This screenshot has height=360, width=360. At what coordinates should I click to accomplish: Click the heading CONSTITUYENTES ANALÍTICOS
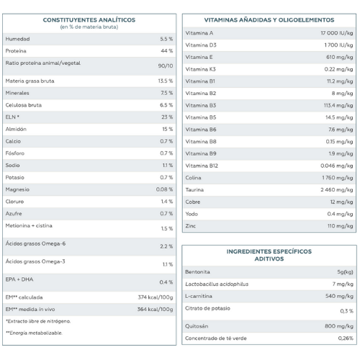pos(89,20)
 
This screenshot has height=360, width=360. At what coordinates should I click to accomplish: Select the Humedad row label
pos(17,39)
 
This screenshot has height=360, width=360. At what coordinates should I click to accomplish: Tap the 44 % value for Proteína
pos(167,51)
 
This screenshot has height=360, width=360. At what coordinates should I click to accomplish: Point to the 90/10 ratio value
pos(166,66)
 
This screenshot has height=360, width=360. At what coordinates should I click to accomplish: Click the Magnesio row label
pos(17,189)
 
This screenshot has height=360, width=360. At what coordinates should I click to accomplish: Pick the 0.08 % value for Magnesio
pos(164,189)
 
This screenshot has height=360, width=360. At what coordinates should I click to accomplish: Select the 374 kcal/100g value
pos(156,297)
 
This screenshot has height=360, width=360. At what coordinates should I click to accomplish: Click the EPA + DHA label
pos(19,279)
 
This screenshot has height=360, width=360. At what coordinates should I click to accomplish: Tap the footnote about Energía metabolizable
pos(34,333)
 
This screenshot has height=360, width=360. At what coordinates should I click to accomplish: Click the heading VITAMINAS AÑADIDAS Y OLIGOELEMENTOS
pos(269,20)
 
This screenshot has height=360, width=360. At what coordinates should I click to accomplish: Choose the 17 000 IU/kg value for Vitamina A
pos(337,33)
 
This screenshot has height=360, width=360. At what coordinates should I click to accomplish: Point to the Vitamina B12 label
pos(202,166)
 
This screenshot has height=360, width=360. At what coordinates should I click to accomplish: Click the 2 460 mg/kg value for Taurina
pos(337,190)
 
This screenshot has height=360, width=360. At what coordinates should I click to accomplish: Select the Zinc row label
pos(191,226)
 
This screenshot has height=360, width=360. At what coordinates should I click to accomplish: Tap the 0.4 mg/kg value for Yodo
pos(340,214)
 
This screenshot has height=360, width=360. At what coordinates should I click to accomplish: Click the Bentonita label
pos(197,272)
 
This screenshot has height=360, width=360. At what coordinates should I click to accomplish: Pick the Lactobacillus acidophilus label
pos(217,284)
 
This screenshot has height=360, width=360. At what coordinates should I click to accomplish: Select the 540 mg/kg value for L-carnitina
pos(339,296)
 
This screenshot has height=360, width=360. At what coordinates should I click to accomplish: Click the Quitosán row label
pos(197,326)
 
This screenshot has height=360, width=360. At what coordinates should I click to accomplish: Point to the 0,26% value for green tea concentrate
pos(346,338)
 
